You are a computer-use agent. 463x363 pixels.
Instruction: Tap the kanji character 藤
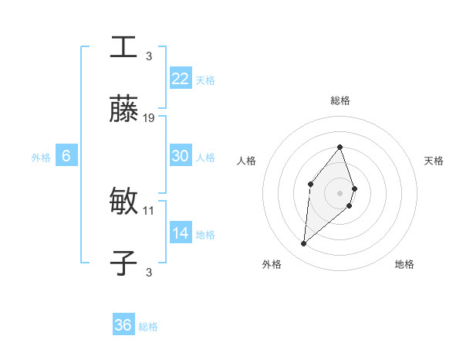[x=123, y=110]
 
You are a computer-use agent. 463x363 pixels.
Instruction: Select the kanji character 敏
[x=123, y=202]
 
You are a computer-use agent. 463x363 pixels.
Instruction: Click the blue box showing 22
[x=181, y=79]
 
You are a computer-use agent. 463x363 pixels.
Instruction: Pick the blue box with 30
[x=181, y=156]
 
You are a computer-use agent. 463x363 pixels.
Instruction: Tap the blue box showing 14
[x=181, y=233]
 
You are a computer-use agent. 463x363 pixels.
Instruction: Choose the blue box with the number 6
[x=66, y=156]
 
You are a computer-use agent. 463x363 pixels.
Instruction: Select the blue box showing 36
[x=123, y=325]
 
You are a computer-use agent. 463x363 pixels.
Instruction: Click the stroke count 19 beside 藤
[x=149, y=118]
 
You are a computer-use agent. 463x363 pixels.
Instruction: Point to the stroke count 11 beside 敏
[x=149, y=210]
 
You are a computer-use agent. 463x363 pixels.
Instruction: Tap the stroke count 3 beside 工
[x=149, y=56]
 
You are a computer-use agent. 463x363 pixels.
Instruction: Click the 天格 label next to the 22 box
[x=205, y=80]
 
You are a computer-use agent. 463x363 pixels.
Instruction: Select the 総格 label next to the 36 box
[x=148, y=327]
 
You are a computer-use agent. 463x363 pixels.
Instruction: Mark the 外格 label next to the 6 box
[x=41, y=157]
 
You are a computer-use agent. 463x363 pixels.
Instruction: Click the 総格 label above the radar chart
[x=340, y=101]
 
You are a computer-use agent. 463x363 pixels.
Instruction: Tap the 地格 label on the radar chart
[x=404, y=264]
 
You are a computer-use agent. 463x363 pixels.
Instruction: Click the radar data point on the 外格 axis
[x=304, y=244]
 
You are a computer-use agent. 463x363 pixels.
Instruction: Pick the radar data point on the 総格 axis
[x=340, y=147]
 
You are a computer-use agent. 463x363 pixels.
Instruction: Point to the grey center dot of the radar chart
[x=340, y=192]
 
